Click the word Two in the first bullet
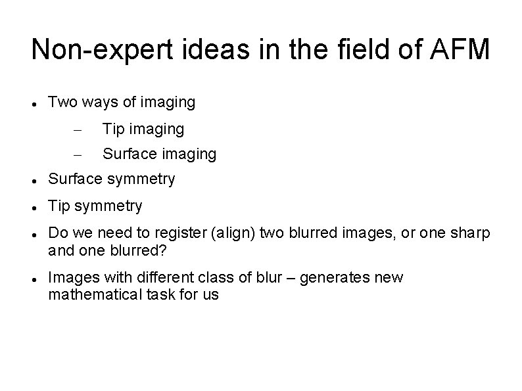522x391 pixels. coord(62,103)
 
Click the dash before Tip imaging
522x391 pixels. coord(76,130)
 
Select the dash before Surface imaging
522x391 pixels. coord(76,155)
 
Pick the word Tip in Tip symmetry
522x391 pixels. coord(59,206)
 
